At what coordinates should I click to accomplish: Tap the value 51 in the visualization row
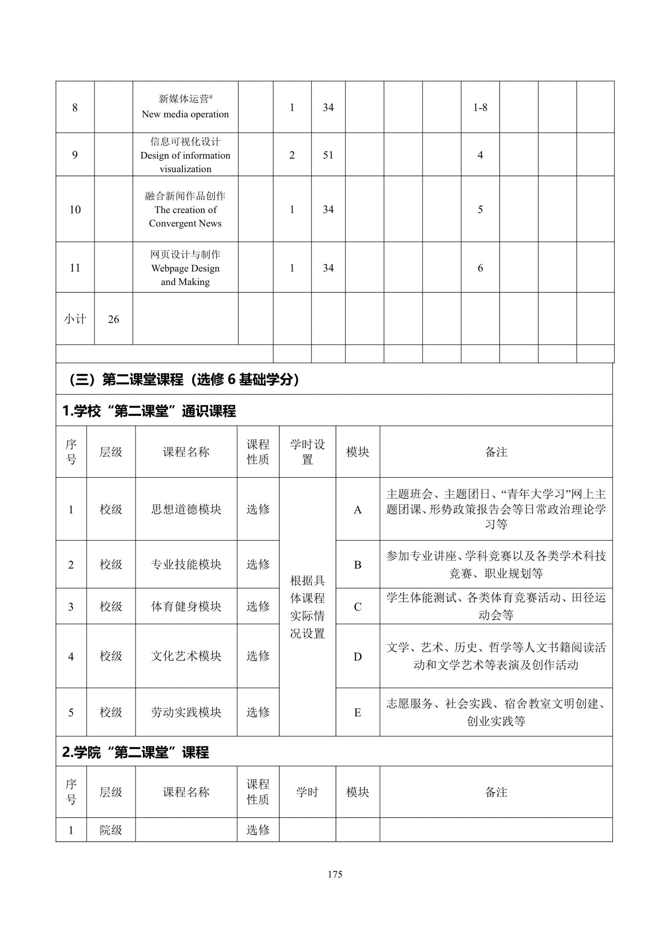click(328, 155)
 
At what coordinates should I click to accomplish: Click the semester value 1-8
click(480, 108)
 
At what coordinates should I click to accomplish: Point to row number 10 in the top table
click(75, 209)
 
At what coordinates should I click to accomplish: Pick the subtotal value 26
click(113, 319)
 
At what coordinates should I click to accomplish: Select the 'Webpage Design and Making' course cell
click(185, 268)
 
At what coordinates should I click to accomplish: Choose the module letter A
click(358, 510)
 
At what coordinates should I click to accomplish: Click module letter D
click(358, 657)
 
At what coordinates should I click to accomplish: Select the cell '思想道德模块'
click(186, 509)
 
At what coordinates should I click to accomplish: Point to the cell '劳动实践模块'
click(186, 712)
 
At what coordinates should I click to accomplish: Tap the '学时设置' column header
click(307, 452)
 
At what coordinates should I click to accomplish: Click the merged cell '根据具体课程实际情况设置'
click(307, 607)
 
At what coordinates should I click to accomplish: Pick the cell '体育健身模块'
click(186, 606)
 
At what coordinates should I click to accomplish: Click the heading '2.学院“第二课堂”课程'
click(135, 753)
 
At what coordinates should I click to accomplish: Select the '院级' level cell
click(111, 830)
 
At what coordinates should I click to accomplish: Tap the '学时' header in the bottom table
click(307, 792)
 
